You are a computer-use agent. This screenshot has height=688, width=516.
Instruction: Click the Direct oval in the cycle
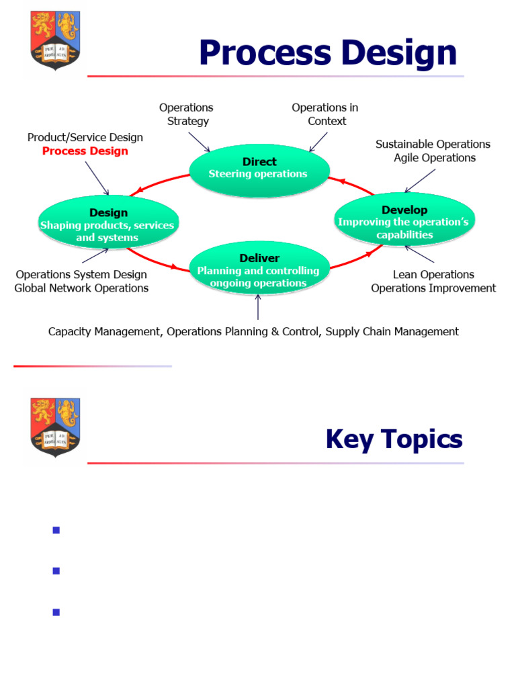click(259, 169)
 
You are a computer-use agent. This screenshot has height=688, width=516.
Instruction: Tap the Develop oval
click(404, 222)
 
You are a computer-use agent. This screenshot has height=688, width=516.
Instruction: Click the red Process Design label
click(85, 151)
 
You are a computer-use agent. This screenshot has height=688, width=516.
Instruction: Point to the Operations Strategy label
click(186, 114)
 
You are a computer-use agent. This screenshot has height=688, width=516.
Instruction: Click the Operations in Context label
click(325, 114)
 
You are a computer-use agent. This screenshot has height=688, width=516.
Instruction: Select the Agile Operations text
click(435, 158)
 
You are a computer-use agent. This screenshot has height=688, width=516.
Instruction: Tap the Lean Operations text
click(433, 275)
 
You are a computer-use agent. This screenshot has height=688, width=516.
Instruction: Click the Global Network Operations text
click(81, 288)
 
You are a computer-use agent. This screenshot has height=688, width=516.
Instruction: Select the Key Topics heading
click(394, 439)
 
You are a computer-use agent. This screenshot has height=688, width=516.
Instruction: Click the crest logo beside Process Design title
click(55, 40)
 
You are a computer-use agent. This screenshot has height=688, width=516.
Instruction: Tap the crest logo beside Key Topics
click(55, 426)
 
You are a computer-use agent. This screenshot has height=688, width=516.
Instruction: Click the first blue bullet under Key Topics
click(56, 530)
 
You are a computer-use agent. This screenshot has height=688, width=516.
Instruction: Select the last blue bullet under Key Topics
click(56, 612)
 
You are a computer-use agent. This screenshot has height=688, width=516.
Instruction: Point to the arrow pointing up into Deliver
click(258, 308)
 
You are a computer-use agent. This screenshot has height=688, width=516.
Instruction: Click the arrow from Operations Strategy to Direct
click(200, 142)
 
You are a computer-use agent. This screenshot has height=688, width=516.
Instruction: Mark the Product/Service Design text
click(85, 137)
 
